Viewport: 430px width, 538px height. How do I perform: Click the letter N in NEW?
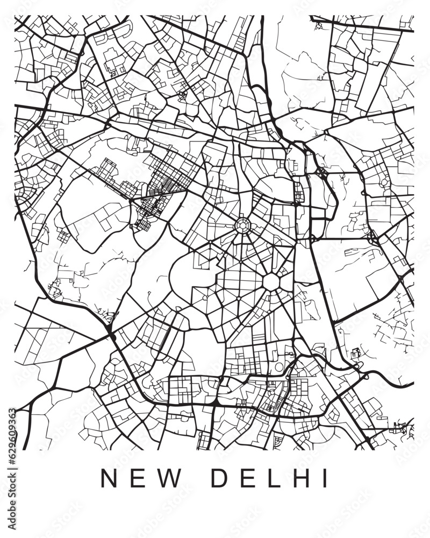(x=109, y=478)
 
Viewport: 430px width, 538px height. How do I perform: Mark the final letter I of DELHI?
(x=324, y=478)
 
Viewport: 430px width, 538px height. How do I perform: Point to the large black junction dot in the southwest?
(x=111, y=336)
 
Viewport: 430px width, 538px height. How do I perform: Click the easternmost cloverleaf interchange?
(x=372, y=236)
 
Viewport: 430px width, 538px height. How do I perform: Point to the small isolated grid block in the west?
(x=63, y=236)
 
